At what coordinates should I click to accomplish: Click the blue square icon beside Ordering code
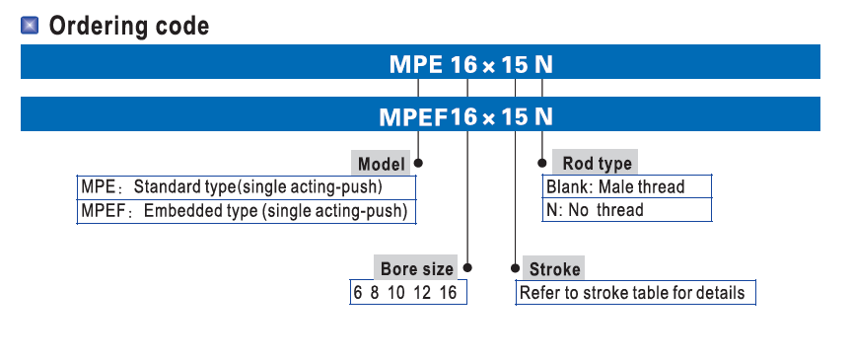[x=30, y=26]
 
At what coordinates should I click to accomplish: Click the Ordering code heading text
[x=129, y=26]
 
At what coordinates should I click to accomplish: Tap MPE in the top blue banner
[x=416, y=65]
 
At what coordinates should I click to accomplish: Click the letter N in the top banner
[x=543, y=65]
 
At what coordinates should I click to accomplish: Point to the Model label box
[x=382, y=164]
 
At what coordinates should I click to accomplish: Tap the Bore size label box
[x=416, y=268]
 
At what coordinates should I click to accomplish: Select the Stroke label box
[x=554, y=268]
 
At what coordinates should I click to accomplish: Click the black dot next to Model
[x=418, y=163]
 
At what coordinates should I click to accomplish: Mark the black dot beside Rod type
[x=541, y=163]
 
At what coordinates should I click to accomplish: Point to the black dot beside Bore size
[x=467, y=267]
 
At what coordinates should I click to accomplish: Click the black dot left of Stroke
[x=515, y=268]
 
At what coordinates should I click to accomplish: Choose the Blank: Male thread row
[x=627, y=186]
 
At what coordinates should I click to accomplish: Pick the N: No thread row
[x=627, y=210]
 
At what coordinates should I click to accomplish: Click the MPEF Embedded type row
[x=247, y=211]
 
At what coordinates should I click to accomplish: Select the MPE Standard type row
[x=247, y=187]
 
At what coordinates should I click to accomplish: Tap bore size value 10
[x=396, y=293]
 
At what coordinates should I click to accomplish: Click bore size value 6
[x=358, y=293]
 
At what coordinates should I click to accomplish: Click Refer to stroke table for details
[x=632, y=293]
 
